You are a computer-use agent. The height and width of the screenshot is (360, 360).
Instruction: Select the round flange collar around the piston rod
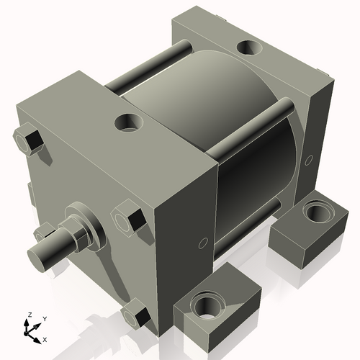click(x=81, y=220)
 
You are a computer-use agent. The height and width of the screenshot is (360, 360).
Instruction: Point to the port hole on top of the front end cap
click(x=130, y=123)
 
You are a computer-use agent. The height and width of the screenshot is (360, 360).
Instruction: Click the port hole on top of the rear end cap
click(x=249, y=48)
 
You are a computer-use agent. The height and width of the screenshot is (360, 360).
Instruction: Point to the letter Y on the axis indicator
click(x=44, y=318)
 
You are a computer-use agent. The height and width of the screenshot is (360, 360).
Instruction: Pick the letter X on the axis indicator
click(x=45, y=338)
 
